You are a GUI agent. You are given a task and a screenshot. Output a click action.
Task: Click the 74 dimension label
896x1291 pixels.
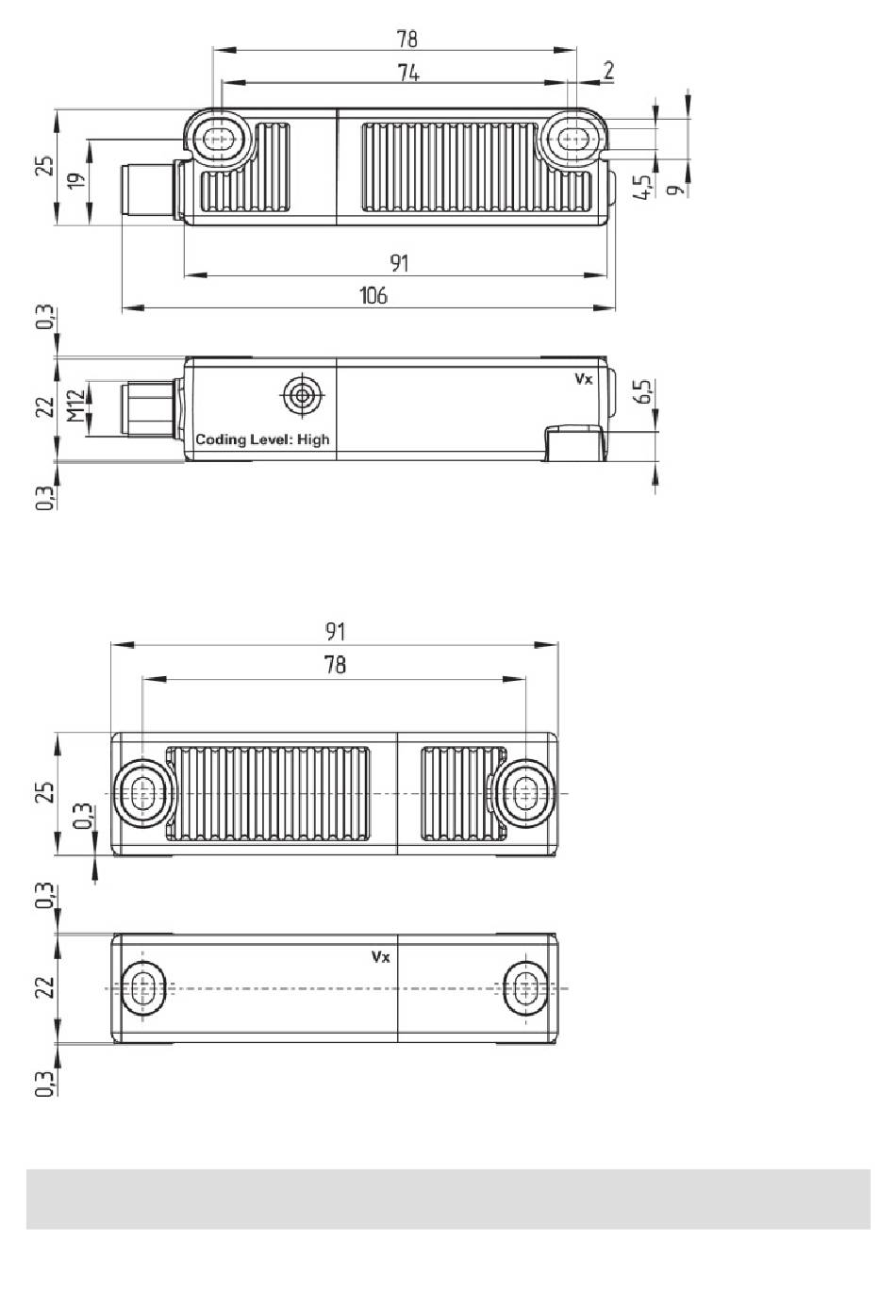pyautogui.click(x=408, y=74)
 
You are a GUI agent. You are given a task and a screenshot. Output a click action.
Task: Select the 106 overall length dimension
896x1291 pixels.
pyautogui.click(x=373, y=295)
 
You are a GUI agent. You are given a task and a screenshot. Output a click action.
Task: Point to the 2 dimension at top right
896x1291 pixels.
pyautogui.click(x=609, y=71)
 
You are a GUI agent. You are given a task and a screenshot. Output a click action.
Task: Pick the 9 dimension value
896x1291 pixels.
pyautogui.click(x=675, y=189)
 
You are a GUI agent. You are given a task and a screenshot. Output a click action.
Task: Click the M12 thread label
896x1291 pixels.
pyautogui.click(x=75, y=406)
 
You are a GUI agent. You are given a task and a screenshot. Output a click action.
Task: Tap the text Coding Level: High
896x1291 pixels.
pyautogui.click(x=262, y=439)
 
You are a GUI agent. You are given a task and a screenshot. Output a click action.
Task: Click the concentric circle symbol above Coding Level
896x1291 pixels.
pyautogui.click(x=301, y=395)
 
